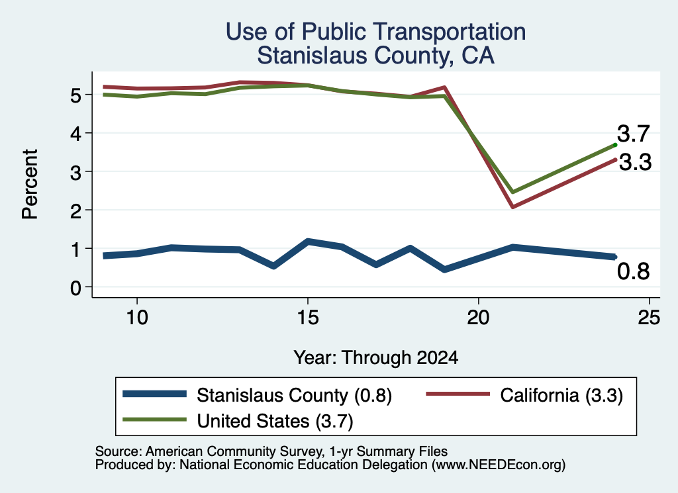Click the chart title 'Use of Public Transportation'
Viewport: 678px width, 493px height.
(375, 32)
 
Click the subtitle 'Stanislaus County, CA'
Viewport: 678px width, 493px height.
(375, 56)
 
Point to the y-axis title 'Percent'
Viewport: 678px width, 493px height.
(30, 185)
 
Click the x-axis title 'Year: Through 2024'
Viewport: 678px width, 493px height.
(375, 358)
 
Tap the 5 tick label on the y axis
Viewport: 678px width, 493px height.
(75, 95)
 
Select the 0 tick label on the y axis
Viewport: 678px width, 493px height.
(75, 288)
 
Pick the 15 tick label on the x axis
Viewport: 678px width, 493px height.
(308, 318)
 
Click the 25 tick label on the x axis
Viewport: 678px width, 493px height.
(650, 318)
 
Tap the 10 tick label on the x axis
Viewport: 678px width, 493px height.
(137, 318)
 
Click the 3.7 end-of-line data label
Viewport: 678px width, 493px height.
(634, 134)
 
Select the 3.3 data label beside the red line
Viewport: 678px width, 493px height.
(635, 163)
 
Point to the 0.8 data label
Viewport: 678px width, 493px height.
(634, 271)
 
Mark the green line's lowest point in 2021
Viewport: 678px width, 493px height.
(513, 192)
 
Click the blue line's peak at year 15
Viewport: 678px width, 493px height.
(308, 241)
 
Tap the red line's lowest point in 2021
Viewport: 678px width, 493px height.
(513, 206)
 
